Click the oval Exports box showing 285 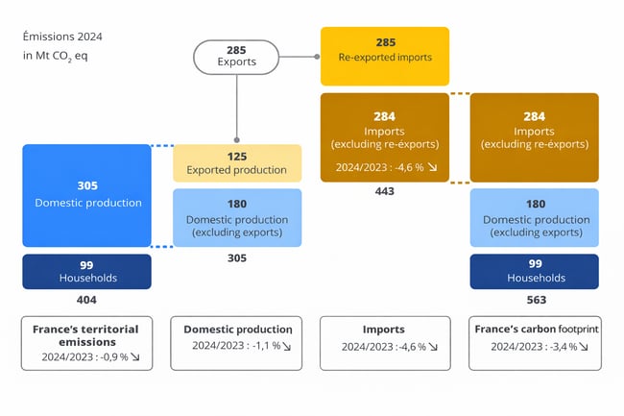coord(236,57)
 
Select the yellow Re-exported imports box coord(384,50)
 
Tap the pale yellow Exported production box coord(237,163)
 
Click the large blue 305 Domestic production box coord(87,195)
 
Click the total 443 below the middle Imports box coord(384,191)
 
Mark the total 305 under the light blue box coord(237,258)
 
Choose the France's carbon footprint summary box coord(535,342)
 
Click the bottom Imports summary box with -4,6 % coord(384,342)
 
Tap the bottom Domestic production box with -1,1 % coord(237,342)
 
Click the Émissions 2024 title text coord(62,37)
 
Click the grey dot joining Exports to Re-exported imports coord(318,57)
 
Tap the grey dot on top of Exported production coord(237,142)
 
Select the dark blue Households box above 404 coord(87,271)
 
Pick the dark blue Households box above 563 coord(534,271)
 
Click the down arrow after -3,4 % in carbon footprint coord(584,347)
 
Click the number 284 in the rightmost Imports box coord(534,116)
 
